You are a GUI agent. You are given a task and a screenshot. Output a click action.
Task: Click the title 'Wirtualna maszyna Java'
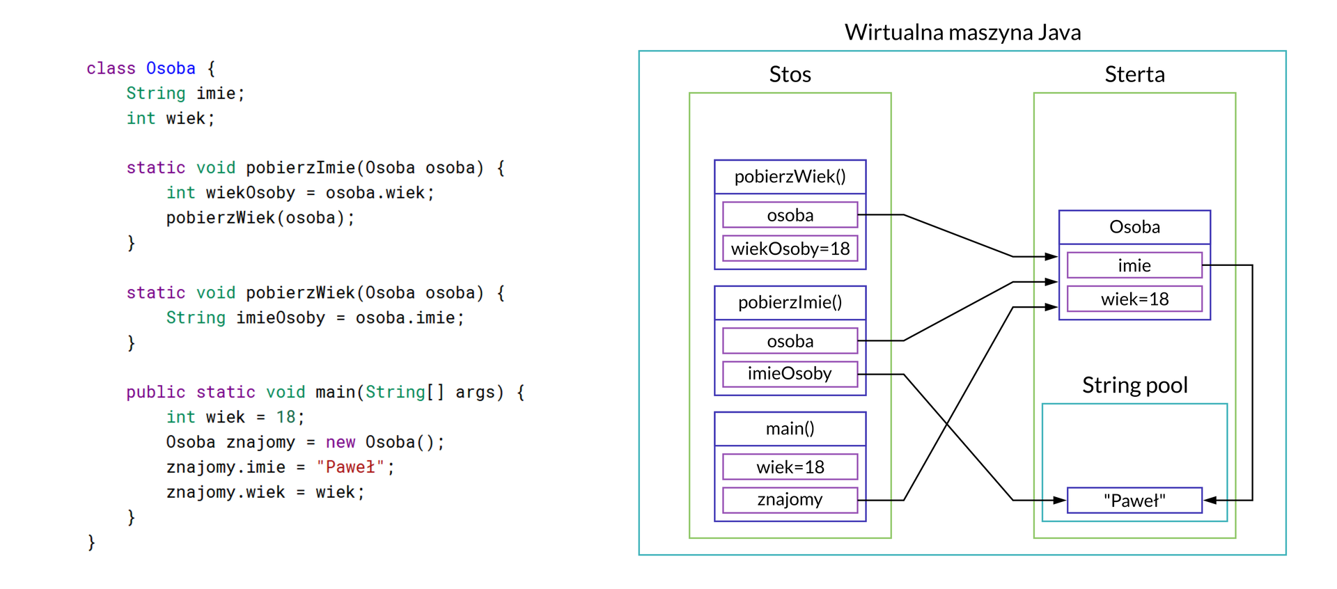point(962,33)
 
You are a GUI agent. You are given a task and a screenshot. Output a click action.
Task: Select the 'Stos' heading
point(790,74)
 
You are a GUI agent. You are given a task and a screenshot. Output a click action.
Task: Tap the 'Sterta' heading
point(1134,74)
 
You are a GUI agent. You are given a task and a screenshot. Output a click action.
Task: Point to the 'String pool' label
point(1134,385)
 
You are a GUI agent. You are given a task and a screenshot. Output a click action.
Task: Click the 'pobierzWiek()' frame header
point(790,177)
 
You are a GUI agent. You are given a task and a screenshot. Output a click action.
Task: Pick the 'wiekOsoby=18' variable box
point(790,249)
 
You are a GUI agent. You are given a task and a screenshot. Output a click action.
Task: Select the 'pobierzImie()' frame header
point(790,303)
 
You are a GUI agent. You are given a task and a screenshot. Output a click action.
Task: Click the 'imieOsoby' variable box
point(790,374)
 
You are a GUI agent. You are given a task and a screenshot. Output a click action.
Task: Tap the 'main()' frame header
point(790,429)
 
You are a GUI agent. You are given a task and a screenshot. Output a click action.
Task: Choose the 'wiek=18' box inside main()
point(790,467)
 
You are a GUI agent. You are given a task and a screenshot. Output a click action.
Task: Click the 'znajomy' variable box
point(790,500)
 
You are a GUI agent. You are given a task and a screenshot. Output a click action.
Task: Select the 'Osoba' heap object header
point(1134,227)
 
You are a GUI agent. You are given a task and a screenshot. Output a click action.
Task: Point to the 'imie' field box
point(1134,265)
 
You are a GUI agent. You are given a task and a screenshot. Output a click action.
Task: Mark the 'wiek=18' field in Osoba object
point(1134,299)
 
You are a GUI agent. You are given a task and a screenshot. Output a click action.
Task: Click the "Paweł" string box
point(1134,501)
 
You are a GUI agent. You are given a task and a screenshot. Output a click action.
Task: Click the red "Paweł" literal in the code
point(350,467)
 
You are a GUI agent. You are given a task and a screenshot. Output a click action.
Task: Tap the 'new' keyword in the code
point(341,442)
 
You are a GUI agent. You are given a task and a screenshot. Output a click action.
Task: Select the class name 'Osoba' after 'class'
point(171,68)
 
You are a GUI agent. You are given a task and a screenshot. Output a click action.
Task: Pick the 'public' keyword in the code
point(156,393)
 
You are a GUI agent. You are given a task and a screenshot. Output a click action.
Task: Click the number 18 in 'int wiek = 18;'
point(286,417)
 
